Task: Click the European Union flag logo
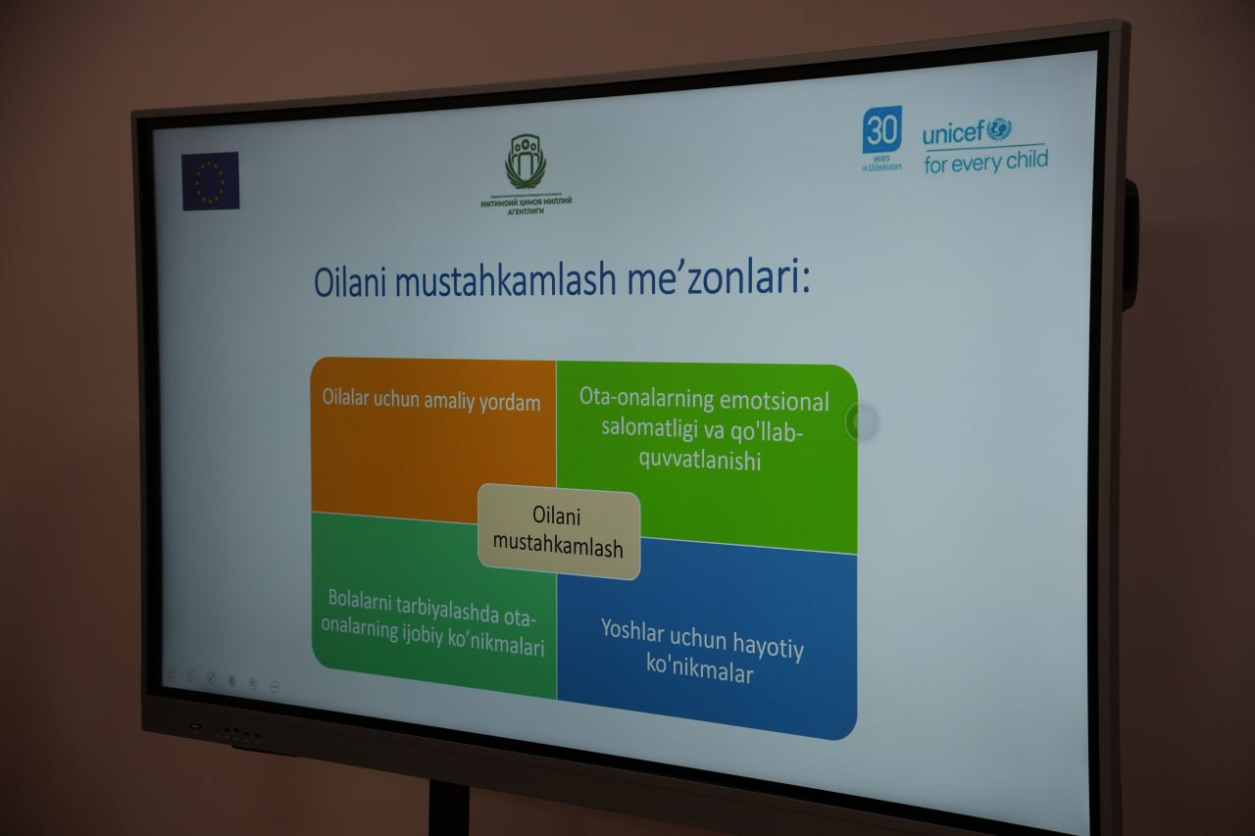tap(210, 181)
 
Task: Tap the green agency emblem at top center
tap(526, 161)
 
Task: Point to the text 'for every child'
tap(985, 160)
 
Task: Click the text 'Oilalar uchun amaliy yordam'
tap(431, 401)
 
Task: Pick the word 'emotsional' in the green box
tap(775, 401)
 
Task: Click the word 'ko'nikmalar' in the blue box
tap(699, 673)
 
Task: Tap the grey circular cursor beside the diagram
tap(862, 421)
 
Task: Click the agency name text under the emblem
tap(526, 203)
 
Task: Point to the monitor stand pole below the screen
tap(448, 809)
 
